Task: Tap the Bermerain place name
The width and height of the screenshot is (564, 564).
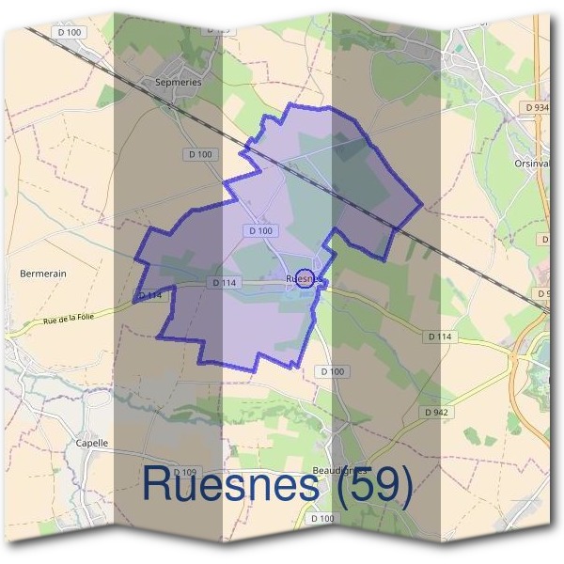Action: point(43,274)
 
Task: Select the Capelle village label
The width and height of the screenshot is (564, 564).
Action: point(92,443)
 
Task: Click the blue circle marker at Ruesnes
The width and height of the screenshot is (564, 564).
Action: point(305,278)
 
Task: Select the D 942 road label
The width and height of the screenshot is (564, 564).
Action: point(435,412)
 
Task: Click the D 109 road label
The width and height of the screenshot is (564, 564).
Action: point(185,472)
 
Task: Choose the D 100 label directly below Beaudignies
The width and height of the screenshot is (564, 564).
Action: point(322,519)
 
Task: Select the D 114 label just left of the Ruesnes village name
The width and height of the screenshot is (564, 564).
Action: point(225,282)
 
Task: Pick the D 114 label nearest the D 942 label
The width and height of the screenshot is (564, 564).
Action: point(440,336)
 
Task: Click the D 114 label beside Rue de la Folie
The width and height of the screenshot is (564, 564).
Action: point(150,296)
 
